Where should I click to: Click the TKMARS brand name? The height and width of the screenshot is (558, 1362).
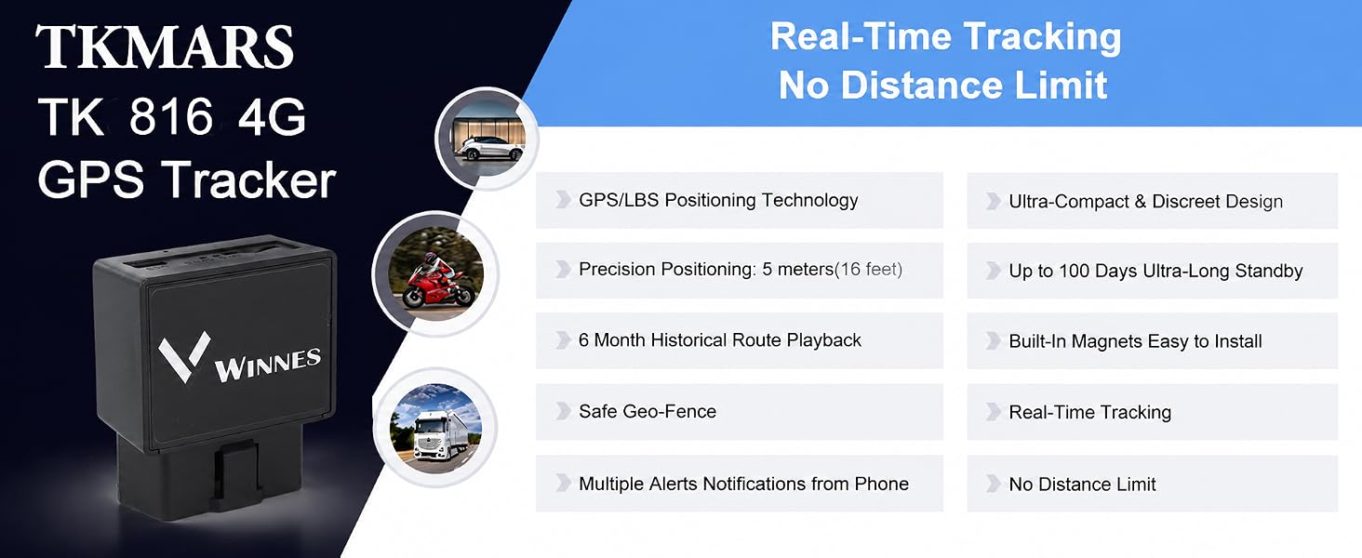pos(164,46)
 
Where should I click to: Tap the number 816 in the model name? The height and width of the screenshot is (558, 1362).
pos(171,116)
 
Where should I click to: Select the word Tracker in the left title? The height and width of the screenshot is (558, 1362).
pos(248,179)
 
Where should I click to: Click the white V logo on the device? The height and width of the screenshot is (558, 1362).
pos(183,356)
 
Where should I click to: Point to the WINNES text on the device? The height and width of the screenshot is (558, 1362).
pos(268,365)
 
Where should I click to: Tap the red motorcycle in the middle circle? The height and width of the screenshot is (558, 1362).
pos(437,280)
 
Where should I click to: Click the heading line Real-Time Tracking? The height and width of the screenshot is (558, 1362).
pos(945,36)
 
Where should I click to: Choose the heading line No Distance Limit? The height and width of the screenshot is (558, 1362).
pos(943,85)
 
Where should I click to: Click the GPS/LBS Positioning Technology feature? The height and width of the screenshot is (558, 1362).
pos(718,200)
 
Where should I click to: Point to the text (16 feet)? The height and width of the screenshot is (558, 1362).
pos(868,269)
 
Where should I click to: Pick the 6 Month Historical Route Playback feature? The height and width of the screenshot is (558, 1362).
pos(720,339)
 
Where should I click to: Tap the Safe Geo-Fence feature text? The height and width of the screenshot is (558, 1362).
pos(648,411)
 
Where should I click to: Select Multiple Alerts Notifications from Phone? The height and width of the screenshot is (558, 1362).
pos(743,484)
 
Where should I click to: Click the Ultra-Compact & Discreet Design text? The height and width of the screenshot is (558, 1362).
pos(1145,201)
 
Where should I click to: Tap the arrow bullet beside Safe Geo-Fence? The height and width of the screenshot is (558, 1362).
pos(564,411)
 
